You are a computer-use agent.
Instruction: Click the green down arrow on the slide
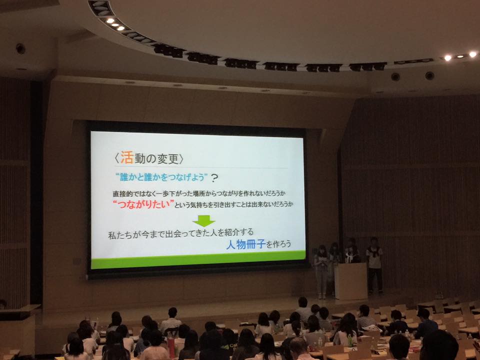[203, 220]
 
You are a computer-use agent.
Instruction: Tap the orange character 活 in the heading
[126, 157]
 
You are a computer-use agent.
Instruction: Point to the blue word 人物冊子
[245, 244]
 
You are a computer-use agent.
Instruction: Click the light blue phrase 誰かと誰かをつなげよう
[162, 177]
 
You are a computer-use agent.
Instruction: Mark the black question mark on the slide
[214, 178]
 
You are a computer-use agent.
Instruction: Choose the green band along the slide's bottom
[198, 259]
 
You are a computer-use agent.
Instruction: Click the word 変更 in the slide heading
[168, 159]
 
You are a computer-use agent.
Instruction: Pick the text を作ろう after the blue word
[278, 244]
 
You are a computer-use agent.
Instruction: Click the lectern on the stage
[350, 281]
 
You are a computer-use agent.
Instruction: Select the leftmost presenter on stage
[321, 271]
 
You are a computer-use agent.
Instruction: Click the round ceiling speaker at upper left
[20, 48]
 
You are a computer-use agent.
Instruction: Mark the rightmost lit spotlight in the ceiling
[472, 54]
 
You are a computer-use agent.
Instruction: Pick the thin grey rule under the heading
[201, 167]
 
